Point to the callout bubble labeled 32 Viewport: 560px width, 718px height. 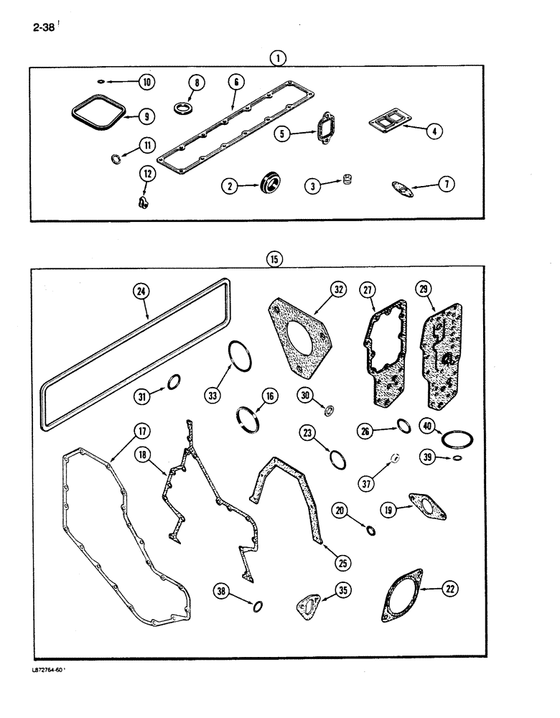pos(339,289)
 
